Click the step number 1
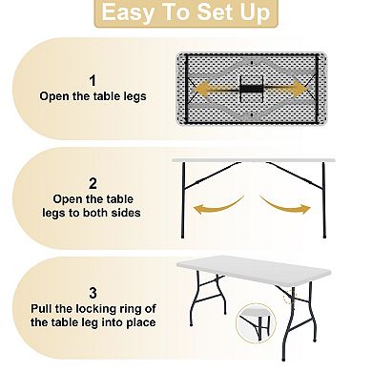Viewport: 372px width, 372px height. tap(92, 79)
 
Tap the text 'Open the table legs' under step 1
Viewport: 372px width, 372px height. tap(92, 96)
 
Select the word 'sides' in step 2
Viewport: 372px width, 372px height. tap(124, 213)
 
